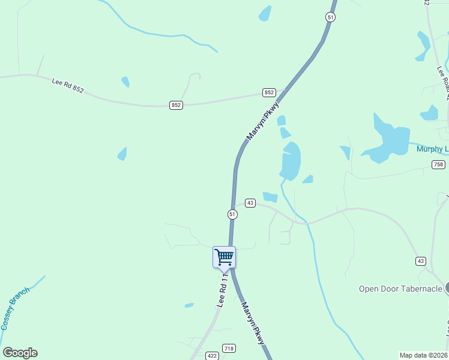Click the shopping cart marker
click(224, 257)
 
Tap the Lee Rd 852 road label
click(67, 85)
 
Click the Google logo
click(20, 353)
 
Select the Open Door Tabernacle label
click(400, 289)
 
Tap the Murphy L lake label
click(432, 149)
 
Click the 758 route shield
click(438, 164)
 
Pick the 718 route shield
click(229, 348)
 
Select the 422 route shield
click(211, 356)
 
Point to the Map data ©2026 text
click(424, 355)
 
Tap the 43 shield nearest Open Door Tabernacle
click(420, 260)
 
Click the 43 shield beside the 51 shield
click(250, 203)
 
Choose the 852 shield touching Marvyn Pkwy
click(269, 92)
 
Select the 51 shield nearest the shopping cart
click(232, 214)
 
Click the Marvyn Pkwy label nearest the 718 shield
click(253, 322)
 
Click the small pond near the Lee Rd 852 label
click(125, 81)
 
